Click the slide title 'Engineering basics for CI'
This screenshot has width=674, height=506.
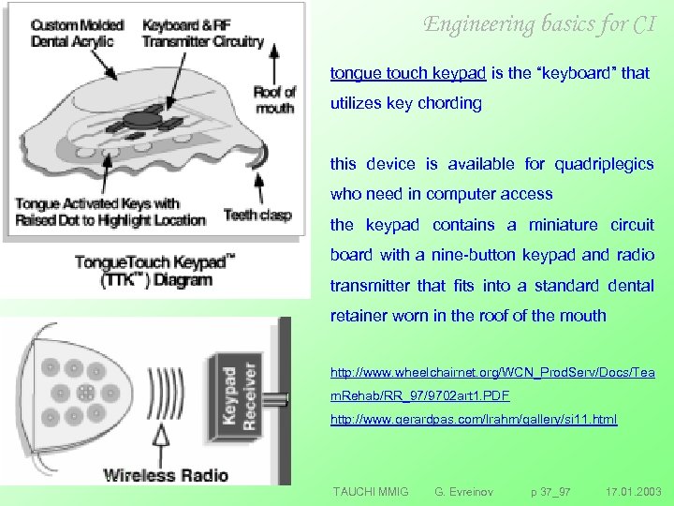click(539, 24)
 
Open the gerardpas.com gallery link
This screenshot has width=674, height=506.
click(474, 420)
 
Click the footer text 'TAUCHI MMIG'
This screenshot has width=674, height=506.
click(371, 491)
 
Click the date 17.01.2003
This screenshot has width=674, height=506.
click(633, 491)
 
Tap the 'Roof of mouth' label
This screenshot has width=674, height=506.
click(274, 99)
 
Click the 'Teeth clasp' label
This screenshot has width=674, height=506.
click(257, 215)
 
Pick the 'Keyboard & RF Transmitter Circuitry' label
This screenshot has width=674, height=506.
click(203, 35)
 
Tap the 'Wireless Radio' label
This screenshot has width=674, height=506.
click(166, 474)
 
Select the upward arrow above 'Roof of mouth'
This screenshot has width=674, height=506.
click(274, 64)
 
